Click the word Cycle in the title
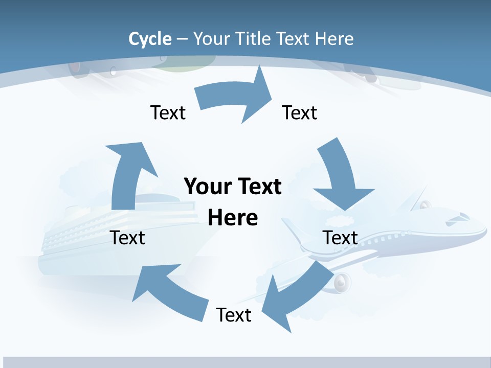point(150,39)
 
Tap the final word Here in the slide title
point(334,39)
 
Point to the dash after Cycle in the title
point(182,39)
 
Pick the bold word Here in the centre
point(233,218)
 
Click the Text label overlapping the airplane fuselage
point(340,238)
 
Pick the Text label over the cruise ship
point(127,238)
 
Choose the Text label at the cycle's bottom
point(234,315)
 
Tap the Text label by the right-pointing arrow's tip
point(300,112)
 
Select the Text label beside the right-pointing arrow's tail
point(168,112)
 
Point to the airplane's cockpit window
point(457,218)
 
